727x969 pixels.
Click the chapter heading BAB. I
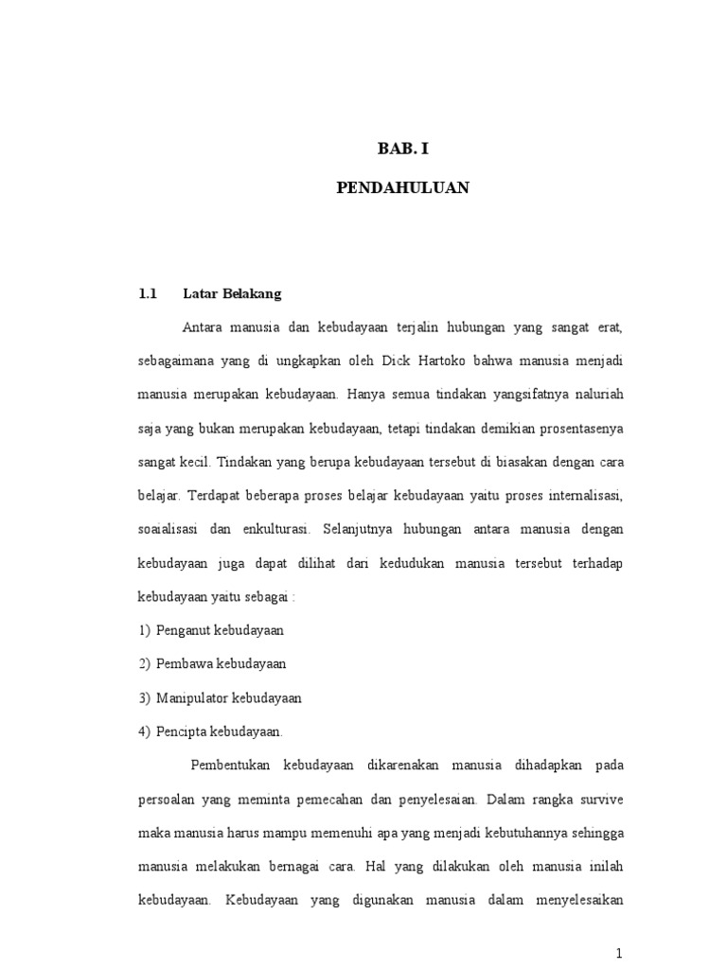[x=403, y=149]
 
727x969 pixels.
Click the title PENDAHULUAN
[x=403, y=188]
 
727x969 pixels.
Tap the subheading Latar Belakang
[x=232, y=293]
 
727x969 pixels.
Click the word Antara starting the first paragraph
[x=204, y=327]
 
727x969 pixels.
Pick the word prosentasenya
[x=580, y=429]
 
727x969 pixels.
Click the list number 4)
[x=144, y=731]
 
